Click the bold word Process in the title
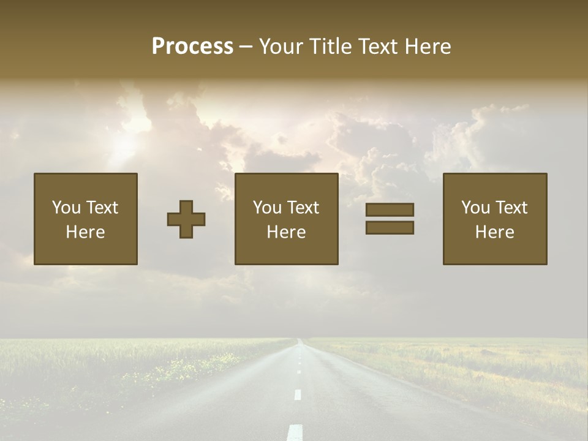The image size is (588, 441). tap(192, 47)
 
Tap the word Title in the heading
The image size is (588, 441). tap(330, 47)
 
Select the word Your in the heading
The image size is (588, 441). tap(279, 47)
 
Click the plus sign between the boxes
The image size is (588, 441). tap(186, 219)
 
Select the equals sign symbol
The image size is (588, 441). tap(390, 219)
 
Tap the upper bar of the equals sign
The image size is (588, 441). tap(390, 210)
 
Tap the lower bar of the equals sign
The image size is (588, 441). tap(390, 228)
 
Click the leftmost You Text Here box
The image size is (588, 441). tap(86, 219)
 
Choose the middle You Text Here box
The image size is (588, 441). tap(287, 219)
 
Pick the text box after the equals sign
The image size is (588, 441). tap(495, 219)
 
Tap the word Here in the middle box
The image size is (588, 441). tap(287, 232)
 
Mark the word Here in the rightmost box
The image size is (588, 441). tap(495, 232)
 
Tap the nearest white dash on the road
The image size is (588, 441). tap(295, 432)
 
